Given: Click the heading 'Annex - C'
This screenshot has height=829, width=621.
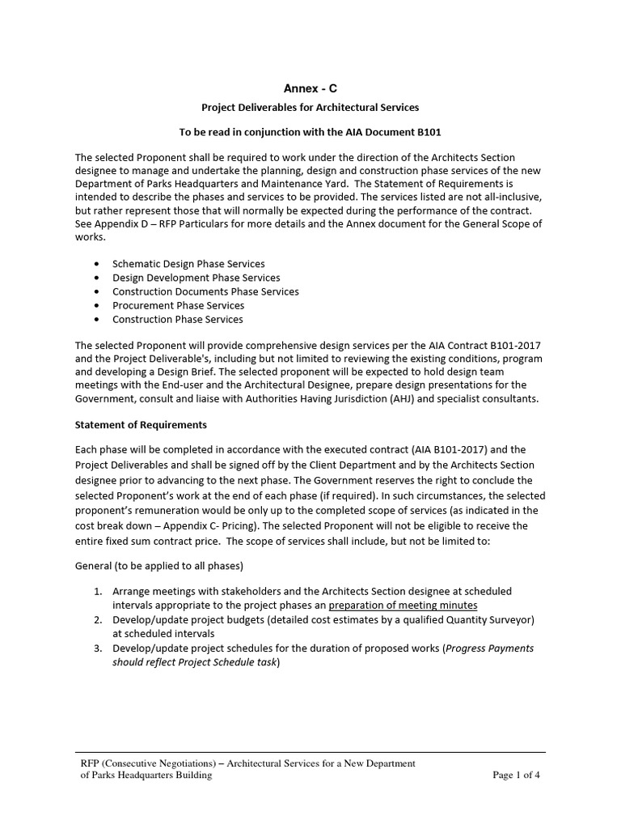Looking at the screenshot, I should tap(310, 88).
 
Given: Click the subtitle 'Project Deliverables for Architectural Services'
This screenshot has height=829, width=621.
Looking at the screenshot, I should tap(310, 107).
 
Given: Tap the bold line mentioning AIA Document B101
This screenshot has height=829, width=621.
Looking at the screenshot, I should tap(310, 132).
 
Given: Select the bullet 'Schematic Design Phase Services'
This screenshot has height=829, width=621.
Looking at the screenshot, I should tap(188, 264).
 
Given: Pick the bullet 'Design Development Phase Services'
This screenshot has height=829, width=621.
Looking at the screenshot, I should tap(196, 278).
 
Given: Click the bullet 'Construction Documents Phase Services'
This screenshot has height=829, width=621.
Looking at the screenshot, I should tap(205, 291).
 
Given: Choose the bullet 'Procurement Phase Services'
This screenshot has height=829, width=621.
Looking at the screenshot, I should tap(178, 305).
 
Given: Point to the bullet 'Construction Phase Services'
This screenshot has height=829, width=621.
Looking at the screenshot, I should tap(177, 319).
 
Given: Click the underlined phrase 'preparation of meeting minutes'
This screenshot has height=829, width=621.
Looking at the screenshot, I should tap(403, 605).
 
